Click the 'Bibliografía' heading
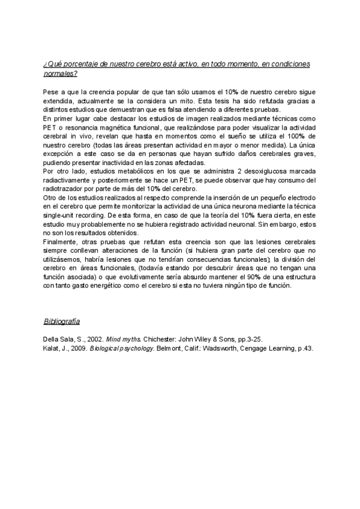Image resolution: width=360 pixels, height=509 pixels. [x=62, y=321]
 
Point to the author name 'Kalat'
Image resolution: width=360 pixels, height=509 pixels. [x=52, y=348]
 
